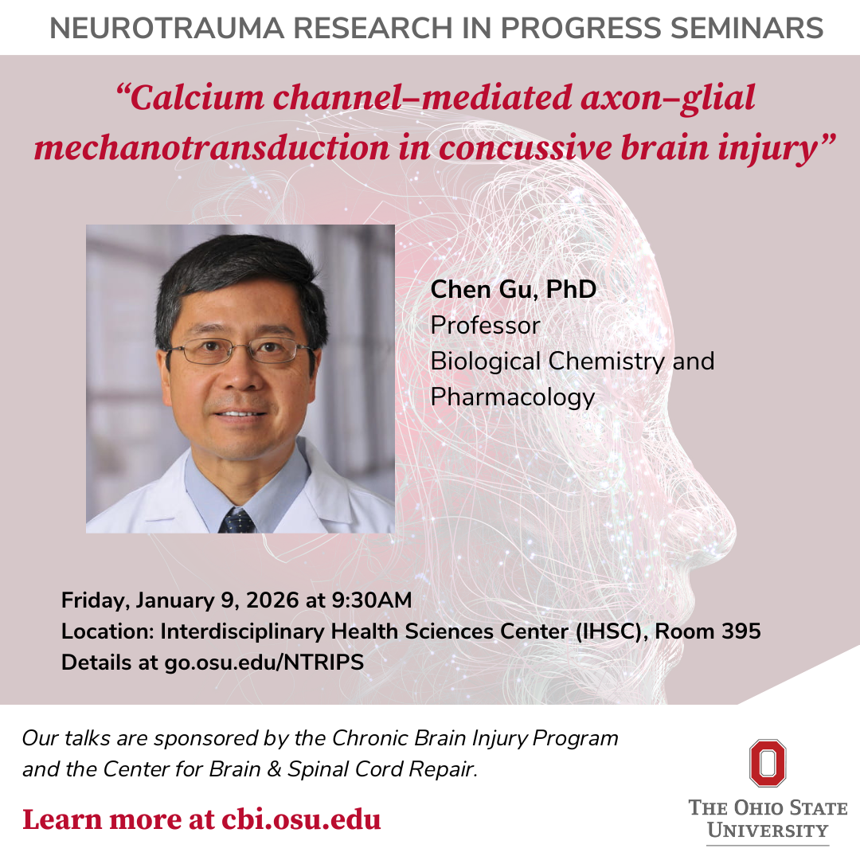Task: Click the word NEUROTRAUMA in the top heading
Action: pos(166,29)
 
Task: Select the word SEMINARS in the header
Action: pos(747,29)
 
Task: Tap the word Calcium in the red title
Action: pos(191,98)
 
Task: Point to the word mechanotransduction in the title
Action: pos(211,148)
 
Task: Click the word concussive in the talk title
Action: pos(525,148)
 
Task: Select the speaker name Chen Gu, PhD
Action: pos(514,290)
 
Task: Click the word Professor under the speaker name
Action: pos(486,326)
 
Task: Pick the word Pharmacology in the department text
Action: pos(513,397)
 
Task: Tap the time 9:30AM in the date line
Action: pos(372,600)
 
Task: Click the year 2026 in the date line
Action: pos(272,600)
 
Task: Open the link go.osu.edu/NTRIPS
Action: pos(264,663)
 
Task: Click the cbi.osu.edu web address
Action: pos(301,820)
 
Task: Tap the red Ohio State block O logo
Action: pos(768,764)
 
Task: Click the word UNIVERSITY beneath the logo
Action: pos(768,831)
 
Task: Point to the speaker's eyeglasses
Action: pos(240,350)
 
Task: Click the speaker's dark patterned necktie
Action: pos(237,521)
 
